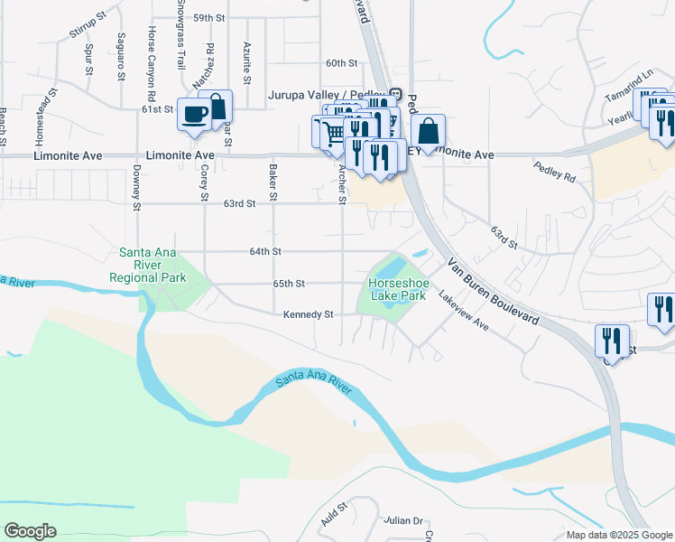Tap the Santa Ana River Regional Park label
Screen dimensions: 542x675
pyautogui.click(x=148, y=265)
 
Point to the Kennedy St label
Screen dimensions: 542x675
pyautogui.click(x=309, y=314)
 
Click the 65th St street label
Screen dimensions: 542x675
pyautogui.click(x=289, y=284)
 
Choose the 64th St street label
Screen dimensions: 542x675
pyautogui.click(x=265, y=251)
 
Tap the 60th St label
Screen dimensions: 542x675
pyautogui.click(x=342, y=63)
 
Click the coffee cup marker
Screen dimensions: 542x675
pyautogui.click(x=194, y=114)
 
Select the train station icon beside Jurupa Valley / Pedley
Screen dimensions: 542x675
pyautogui.click(x=395, y=94)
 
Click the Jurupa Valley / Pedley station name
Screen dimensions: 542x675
pyautogui.click(x=327, y=94)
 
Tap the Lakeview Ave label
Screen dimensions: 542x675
pyautogui.click(x=463, y=310)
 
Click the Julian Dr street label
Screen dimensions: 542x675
pyautogui.click(x=403, y=521)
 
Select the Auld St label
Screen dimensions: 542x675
pyautogui.click(x=334, y=517)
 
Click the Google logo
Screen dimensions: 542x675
pyautogui.click(x=30, y=531)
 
